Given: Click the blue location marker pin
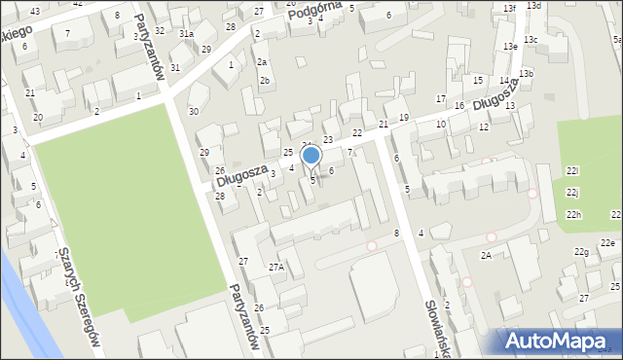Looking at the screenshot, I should click(311, 157).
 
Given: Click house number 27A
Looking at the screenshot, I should click(276, 267).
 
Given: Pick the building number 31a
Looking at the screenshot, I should click(186, 34).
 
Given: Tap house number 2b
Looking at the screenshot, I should click(264, 80).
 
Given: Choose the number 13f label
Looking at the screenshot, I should click(509, 8).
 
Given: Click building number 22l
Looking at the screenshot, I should click(572, 171).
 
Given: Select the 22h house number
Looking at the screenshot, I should click(573, 215).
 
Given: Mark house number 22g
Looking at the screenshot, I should click(581, 253).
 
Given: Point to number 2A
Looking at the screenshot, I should click(485, 255).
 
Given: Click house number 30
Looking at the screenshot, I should click(194, 112).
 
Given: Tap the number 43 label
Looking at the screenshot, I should click(35, 11).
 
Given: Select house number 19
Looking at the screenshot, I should click(404, 117).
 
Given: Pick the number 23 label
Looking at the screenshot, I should click(328, 141).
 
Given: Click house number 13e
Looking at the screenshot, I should click(510, 46).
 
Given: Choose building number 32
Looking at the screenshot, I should click(160, 31).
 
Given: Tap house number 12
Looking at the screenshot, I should click(483, 127).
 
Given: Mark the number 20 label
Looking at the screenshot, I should click(37, 118).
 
